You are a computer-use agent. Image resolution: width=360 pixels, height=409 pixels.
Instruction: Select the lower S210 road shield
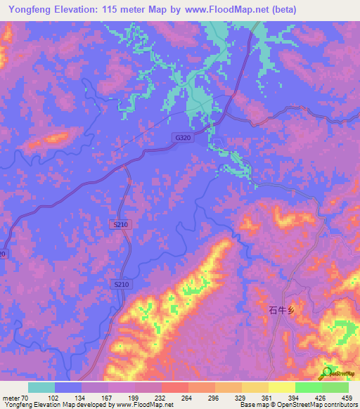[122, 284]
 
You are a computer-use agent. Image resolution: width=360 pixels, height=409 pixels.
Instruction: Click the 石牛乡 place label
[279, 309]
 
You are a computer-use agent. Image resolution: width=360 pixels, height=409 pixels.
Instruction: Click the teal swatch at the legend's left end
[41, 387]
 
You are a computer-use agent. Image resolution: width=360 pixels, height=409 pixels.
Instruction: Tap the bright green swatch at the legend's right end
[335, 387]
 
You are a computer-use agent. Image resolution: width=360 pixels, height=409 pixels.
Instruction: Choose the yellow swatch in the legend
[282, 387]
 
